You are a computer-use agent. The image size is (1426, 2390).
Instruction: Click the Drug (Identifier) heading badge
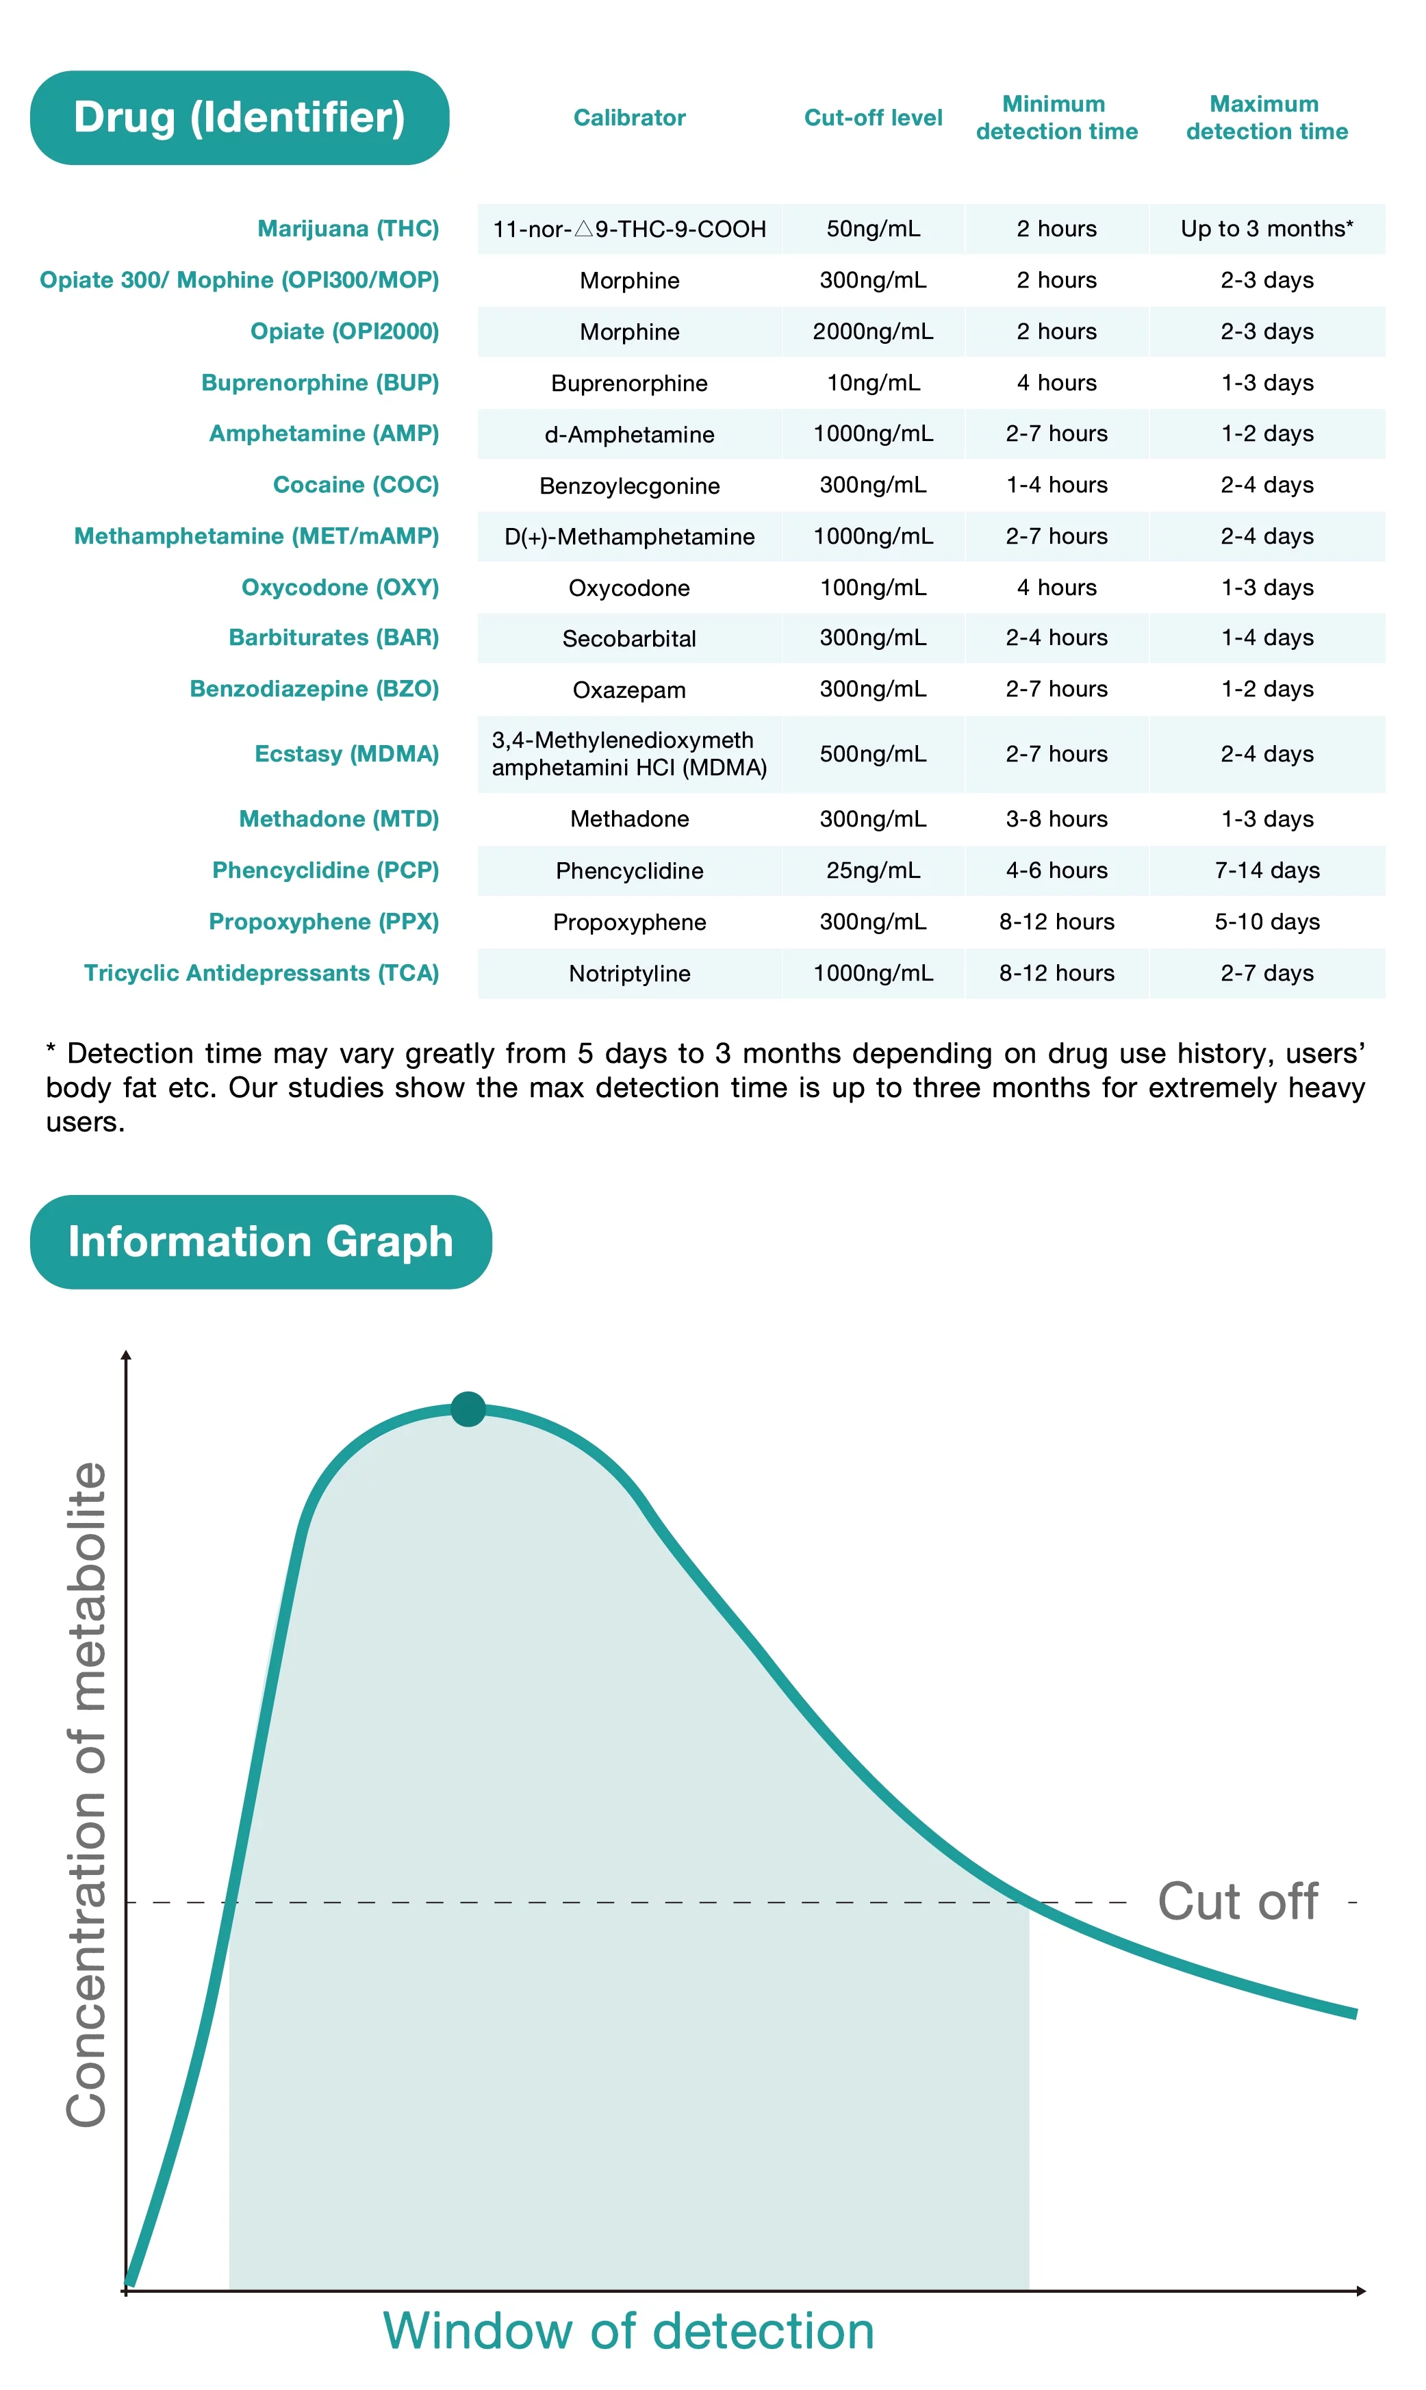(x=240, y=117)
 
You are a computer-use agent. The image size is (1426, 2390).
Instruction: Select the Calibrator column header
(x=629, y=117)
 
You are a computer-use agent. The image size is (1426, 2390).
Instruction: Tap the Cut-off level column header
(x=873, y=117)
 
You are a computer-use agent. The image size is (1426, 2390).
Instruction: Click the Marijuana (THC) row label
(x=348, y=229)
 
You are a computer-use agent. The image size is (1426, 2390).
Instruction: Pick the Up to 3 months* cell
(x=1266, y=229)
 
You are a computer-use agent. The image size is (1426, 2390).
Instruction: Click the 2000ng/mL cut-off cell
(x=873, y=331)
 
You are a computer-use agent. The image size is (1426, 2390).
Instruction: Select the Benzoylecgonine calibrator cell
(x=629, y=486)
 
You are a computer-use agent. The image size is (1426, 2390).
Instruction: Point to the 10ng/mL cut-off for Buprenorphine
(x=873, y=383)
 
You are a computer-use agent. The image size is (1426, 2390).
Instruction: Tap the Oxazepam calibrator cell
(x=629, y=690)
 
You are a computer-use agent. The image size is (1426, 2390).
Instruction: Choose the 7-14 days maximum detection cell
(x=1266, y=870)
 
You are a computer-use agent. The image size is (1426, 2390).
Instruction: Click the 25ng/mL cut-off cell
(x=873, y=870)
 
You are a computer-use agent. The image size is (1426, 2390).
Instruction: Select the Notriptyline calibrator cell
(x=629, y=974)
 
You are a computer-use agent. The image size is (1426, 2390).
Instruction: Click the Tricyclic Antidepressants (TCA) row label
(x=262, y=974)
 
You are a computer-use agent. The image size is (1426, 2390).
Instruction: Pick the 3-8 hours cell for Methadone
(x=1056, y=819)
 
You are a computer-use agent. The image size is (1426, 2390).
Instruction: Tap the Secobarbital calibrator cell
(x=629, y=638)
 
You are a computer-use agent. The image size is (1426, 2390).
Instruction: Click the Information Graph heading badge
(x=260, y=1242)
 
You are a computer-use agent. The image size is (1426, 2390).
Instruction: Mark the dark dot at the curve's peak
(x=468, y=1409)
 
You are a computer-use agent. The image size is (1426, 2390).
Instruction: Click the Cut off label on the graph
(x=1238, y=1902)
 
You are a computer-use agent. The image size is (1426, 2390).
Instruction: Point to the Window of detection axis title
(x=628, y=2331)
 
